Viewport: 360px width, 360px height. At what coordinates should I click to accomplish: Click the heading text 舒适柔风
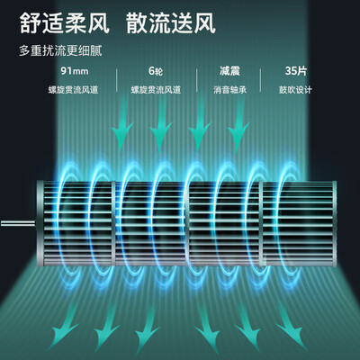point(64,22)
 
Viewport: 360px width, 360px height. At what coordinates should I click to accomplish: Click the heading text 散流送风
point(171,22)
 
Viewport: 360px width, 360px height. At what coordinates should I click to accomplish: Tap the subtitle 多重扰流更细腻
point(60,50)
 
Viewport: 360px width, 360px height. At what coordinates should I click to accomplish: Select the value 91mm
point(75,71)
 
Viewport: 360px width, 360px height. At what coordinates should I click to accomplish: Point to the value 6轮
point(156,71)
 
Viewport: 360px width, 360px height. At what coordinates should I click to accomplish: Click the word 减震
point(229,71)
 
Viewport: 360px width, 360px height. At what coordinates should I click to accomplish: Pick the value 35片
point(296,71)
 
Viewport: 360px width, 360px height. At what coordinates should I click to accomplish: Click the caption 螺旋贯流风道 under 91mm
point(73,90)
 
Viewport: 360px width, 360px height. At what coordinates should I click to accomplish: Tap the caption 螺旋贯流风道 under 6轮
point(156,90)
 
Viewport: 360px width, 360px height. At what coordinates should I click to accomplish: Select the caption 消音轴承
point(229,90)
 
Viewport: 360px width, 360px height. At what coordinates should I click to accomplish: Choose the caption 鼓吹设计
point(295,90)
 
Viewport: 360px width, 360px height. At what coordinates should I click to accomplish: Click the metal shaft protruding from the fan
point(18,223)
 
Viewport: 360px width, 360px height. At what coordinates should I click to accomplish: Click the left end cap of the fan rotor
point(40,223)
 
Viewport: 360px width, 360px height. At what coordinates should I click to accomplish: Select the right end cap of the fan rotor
point(335,223)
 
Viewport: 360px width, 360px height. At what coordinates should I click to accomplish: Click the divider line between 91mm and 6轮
point(116,80)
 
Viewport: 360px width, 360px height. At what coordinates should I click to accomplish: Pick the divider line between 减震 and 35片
point(260,80)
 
